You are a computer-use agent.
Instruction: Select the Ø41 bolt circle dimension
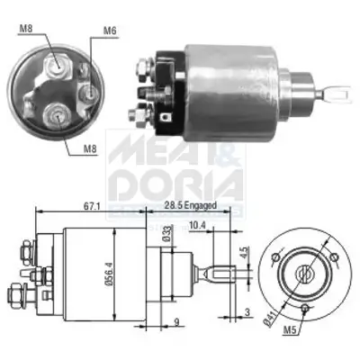click(267, 316)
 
